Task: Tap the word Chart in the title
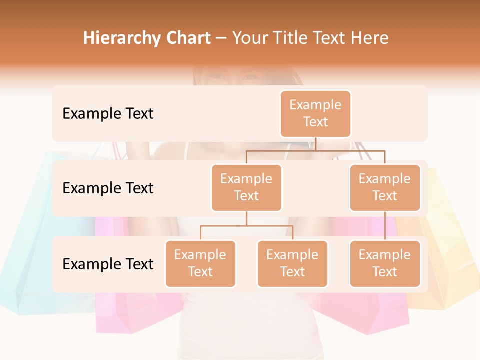pyautogui.click(x=186, y=38)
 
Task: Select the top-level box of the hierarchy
pyautogui.click(x=315, y=113)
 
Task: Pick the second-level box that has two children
pyautogui.click(x=246, y=187)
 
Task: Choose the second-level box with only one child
pyautogui.click(x=385, y=187)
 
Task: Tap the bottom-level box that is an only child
pyautogui.click(x=385, y=263)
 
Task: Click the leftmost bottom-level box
pyautogui.click(x=200, y=263)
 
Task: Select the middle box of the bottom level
pyautogui.click(x=292, y=263)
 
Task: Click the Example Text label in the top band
pyautogui.click(x=108, y=113)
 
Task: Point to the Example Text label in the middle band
pyautogui.click(x=108, y=188)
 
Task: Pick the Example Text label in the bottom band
pyautogui.click(x=108, y=264)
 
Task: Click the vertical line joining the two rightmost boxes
pyautogui.click(x=385, y=226)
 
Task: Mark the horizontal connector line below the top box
pyautogui.click(x=315, y=150)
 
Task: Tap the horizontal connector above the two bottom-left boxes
pyautogui.click(x=246, y=226)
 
